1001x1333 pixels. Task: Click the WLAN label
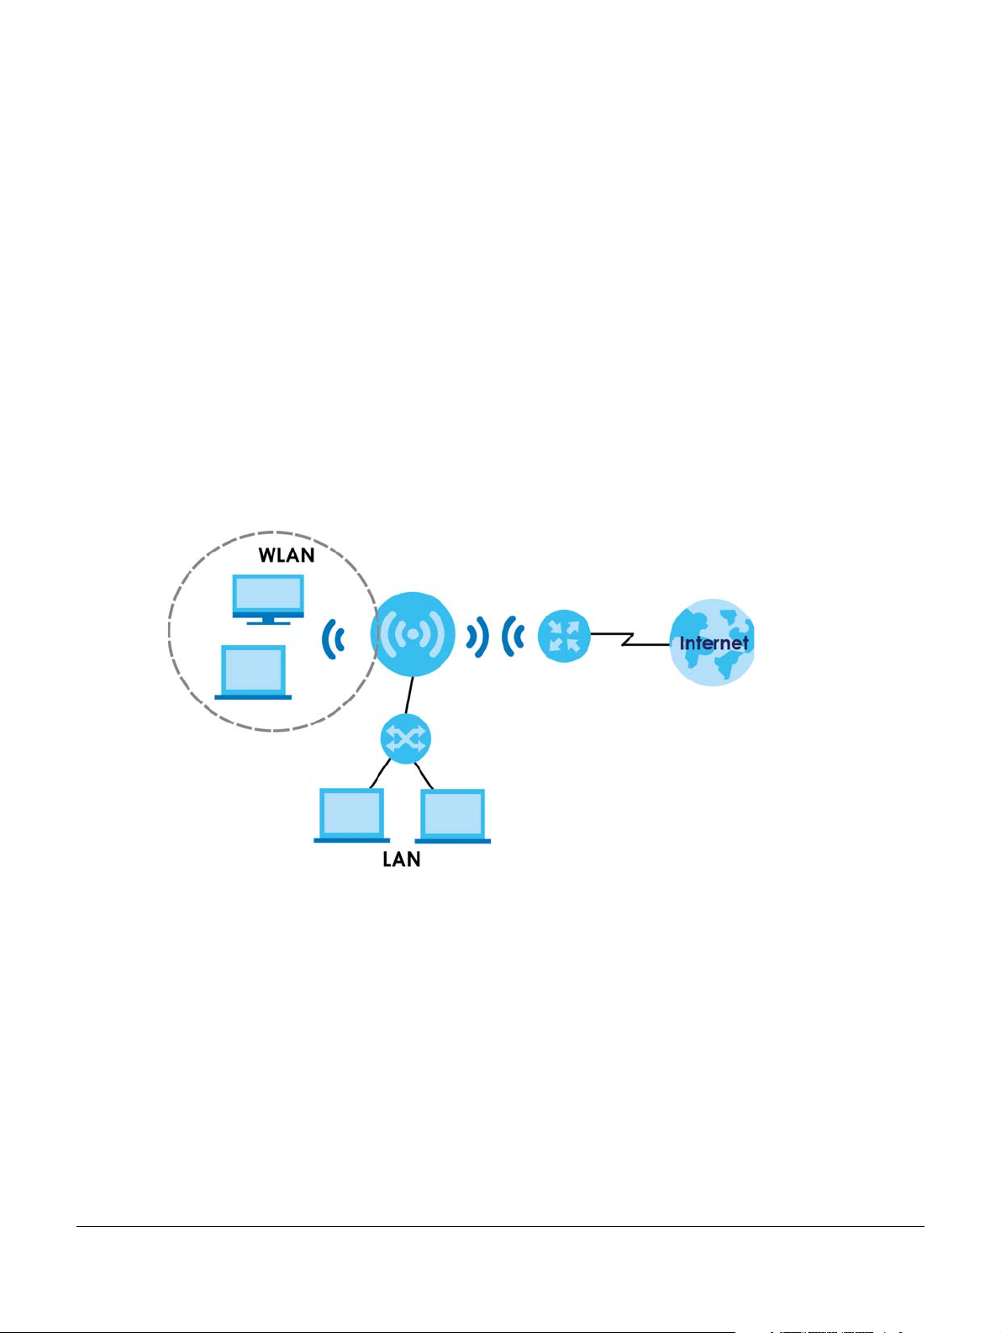click(x=286, y=555)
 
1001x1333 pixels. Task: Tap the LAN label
click(x=401, y=860)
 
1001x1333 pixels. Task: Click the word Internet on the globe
click(x=714, y=643)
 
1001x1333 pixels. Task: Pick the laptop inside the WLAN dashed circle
click(x=254, y=671)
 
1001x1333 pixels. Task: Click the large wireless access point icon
click(x=413, y=633)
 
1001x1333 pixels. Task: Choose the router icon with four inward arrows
click(x=564, y=636)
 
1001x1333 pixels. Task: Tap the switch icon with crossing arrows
click(x=406, y=739)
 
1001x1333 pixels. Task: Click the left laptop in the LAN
click(x=351, y=815)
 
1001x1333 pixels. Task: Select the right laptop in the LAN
click(x=453, y=816)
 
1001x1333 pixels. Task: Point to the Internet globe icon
click(x=712, y=642)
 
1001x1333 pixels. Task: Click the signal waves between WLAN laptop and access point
click(x=335, y=640)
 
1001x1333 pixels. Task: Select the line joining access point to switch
click(x=409, y=696)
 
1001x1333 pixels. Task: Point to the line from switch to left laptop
click(x=381, y=772)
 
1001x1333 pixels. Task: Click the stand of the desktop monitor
click(x=268, y=621)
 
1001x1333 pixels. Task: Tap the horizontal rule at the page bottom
click(x=500, y=1226)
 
